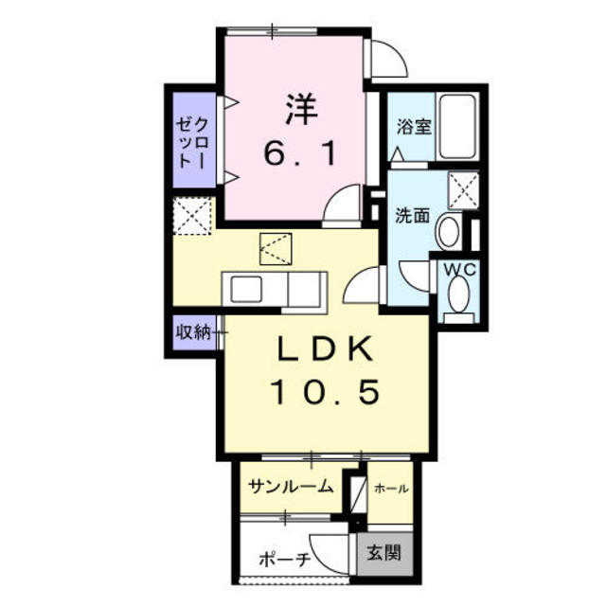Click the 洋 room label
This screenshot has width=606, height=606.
click(x=295, y=108)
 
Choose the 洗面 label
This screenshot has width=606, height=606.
click(x=412, y=215)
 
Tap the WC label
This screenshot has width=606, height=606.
click(x=461, y=270)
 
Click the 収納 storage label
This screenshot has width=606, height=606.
click(x=192, y=332)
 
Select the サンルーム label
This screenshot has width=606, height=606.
click(x=290, y=487)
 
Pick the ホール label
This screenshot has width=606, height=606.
click(x=390, y=489)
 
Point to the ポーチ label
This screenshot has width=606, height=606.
click(x=285, y=560)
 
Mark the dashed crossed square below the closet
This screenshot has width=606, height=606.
click(x=194, y=215)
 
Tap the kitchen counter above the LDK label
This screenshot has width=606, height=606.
click(x=274, y=288)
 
